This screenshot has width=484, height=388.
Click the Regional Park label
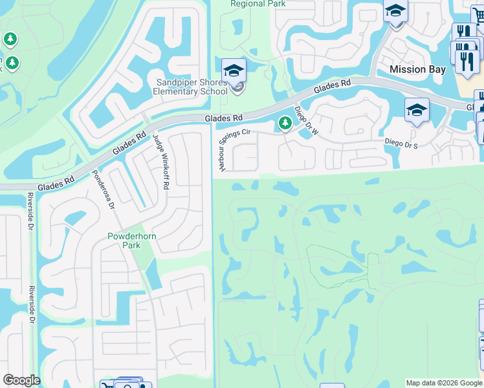pos(258,4)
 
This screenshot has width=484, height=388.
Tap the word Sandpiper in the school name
pos(177,82)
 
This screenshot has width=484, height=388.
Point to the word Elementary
pos(175,91)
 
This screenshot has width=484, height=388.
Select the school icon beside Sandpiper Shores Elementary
pos(234,70)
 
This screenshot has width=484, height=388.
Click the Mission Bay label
pos(417,69)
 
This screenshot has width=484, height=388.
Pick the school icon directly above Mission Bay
pos(395,12)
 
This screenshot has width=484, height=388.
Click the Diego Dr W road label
pos(307,121)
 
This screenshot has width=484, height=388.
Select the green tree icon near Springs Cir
pos(284,122)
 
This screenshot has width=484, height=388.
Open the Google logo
pos(21,380)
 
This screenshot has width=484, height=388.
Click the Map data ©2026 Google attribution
pos(443,383)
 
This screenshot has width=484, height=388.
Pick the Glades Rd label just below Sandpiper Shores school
pos(223,118)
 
